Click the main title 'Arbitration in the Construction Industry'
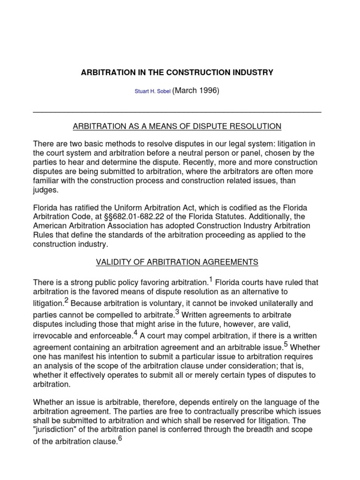click(x=177, y=73)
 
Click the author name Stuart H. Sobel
click(x=153, y=92)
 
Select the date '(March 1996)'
click(x=196, y=91)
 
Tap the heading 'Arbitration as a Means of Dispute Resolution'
click(x=177, y=126)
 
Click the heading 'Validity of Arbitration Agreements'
click(x=177, y=262)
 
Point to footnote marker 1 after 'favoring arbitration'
click(x=211, y=280)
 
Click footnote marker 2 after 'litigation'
click(x=67, y=300)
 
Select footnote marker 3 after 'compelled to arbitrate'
click(x=177, y=311)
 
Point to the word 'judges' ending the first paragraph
click(x=45, y=190)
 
